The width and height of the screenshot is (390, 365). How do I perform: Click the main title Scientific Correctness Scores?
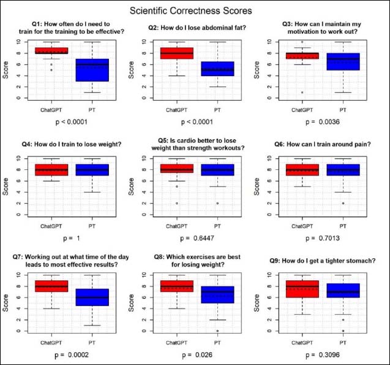click(x=195, y=10)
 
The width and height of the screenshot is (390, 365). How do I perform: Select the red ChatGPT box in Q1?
click(x=51, y=50)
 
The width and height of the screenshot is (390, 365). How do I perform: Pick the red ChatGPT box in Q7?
click(x=51, y=286)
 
